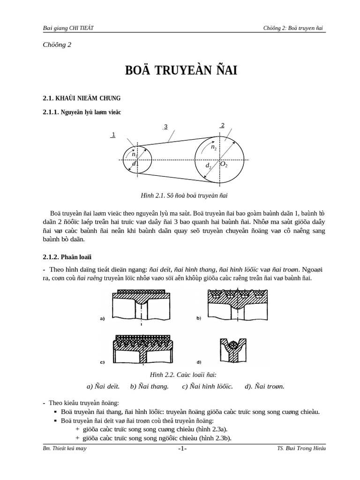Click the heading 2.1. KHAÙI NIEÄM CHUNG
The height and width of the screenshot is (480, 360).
pos(81,98)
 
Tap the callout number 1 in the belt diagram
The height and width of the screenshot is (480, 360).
pos(113,135)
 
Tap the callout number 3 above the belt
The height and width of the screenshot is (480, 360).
pos(165,126)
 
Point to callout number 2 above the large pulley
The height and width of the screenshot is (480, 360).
pos(223,125)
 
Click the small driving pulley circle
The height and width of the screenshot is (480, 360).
pos(137,159)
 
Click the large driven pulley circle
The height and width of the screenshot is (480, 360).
pos(219,159)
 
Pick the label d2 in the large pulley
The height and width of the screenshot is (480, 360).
pos(209,166)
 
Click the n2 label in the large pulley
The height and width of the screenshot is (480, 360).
pos(214,147)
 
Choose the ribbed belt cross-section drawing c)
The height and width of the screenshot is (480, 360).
pos(142,348)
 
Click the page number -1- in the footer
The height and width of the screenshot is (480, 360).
pos(182,449)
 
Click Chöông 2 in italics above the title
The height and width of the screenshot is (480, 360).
pos(57,45)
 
